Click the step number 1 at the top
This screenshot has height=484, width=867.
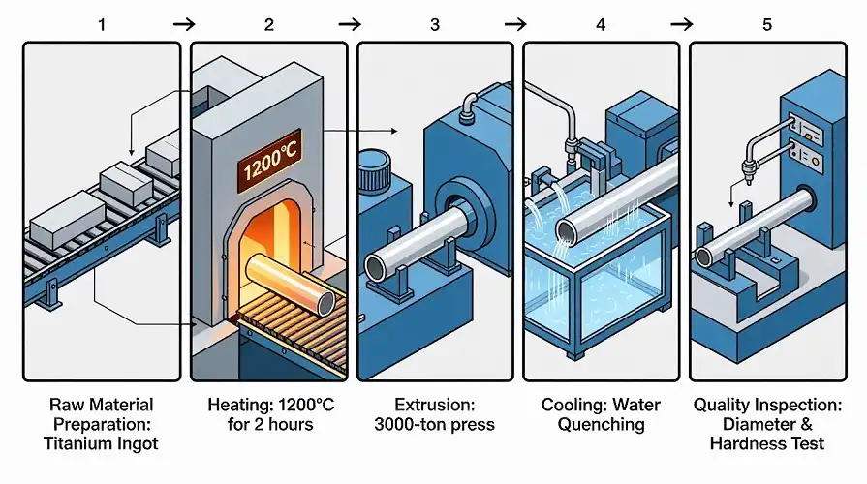[102, 24]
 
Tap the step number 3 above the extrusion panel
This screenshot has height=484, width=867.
[434, 24]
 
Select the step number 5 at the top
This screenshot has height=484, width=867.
[766, 24]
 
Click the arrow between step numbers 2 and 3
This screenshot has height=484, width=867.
[351, 24]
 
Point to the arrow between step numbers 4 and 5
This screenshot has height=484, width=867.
[683, 24]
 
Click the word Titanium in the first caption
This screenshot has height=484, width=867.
[77, 443]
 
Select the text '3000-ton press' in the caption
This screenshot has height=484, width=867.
[434, 424]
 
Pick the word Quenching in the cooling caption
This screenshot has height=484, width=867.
[601, 424]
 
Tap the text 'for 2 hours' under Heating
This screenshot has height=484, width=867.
[268, 424]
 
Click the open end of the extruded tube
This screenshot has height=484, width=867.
[378, 268]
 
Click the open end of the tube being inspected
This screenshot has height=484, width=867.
[709, 255]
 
